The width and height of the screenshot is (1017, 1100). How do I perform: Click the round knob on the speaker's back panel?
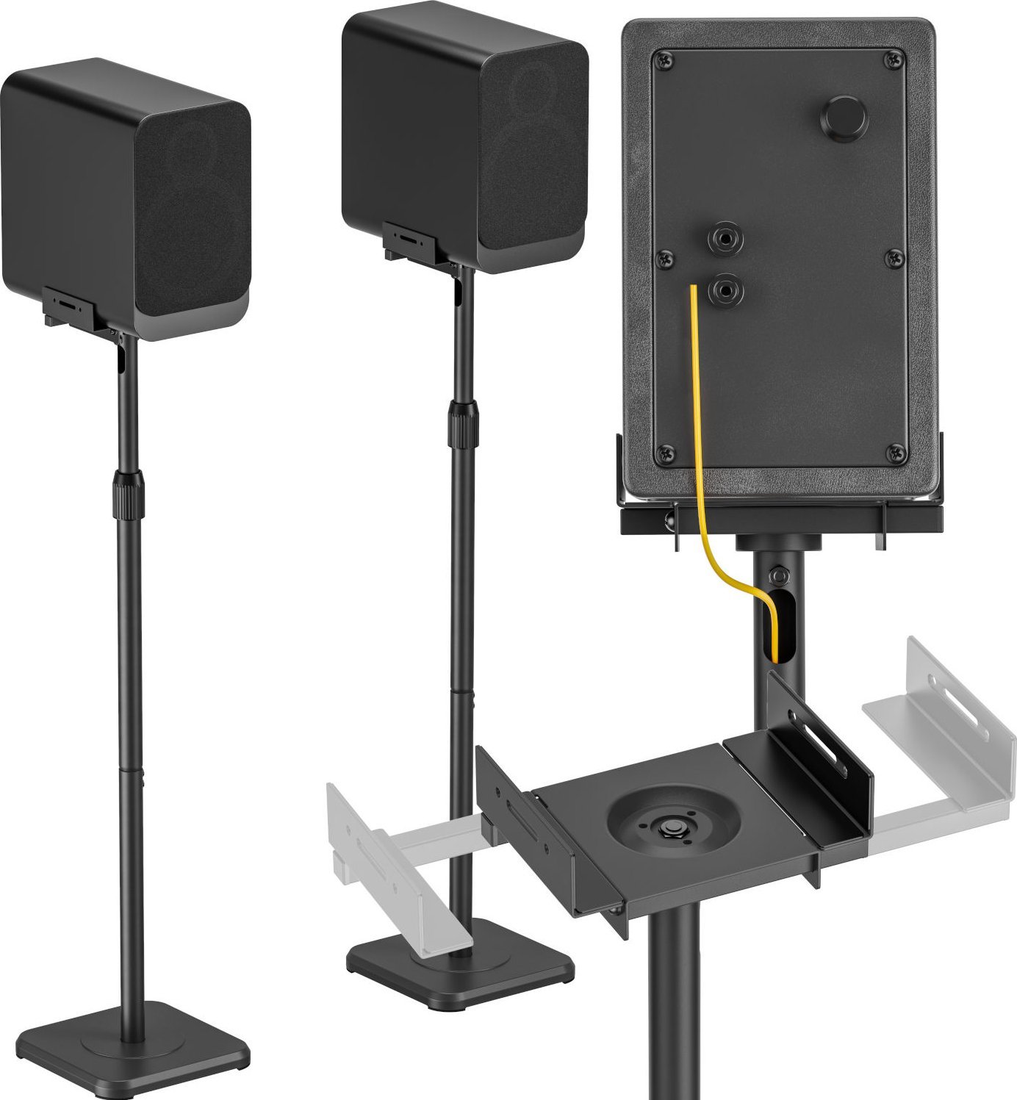click(x=843, y=117)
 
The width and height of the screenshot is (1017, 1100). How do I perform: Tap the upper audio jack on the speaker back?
click(x=725, y=239)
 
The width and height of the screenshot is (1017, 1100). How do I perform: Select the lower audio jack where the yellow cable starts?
click(x=726, y=291)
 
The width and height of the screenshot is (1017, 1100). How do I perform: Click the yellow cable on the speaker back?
click(x=695, y=411)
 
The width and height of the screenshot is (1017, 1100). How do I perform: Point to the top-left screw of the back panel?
click(x=665, y=60)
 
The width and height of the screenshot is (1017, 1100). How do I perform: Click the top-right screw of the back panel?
click(x=894, y=60)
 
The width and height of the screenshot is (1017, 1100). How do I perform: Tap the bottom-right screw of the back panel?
click(x=895, y=453)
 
